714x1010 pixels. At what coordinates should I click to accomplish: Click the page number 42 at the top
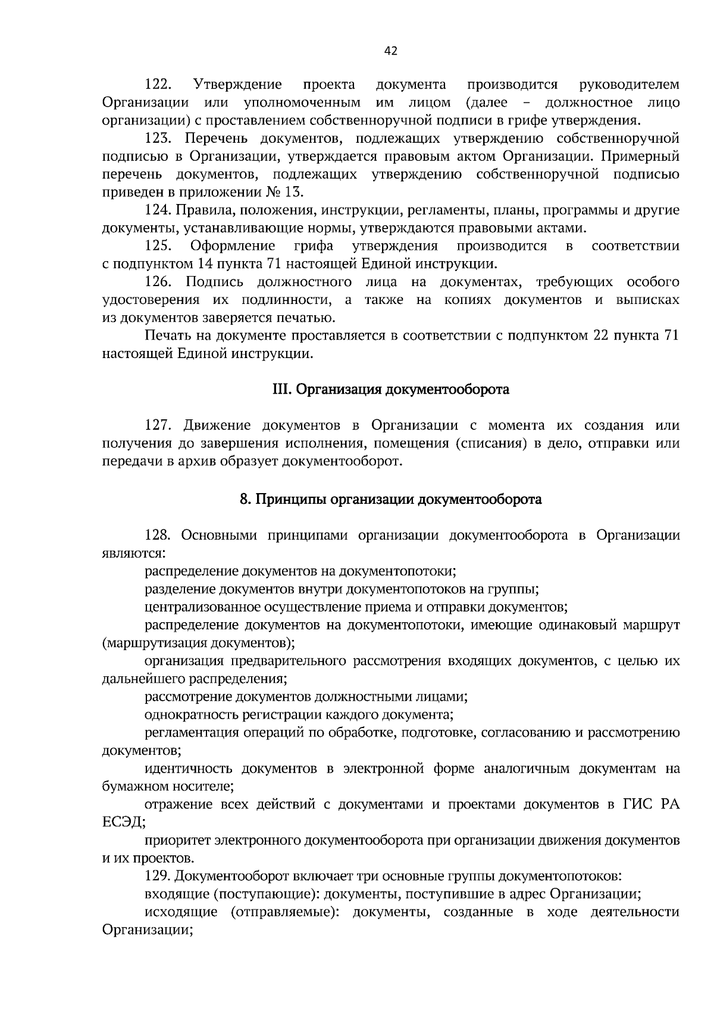click(x=390, y=51)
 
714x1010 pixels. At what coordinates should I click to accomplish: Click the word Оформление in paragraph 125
click(x=233, y=246)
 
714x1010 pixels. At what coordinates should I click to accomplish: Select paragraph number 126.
click(x=159, y=281)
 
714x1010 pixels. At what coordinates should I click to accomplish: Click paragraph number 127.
click(x=159, y=425)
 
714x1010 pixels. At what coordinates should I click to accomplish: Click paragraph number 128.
click(x=159, y=535)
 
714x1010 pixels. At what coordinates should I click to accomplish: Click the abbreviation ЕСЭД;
click(x=123, y=823)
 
